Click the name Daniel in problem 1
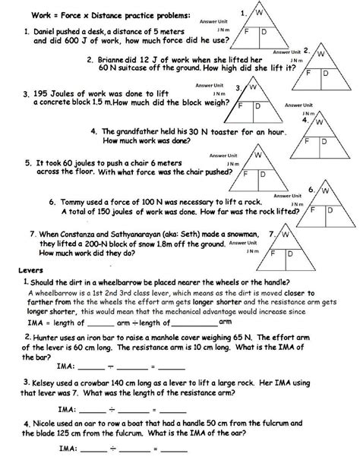[43, 30]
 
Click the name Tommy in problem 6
[77, 202]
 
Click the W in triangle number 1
[258, 14]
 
